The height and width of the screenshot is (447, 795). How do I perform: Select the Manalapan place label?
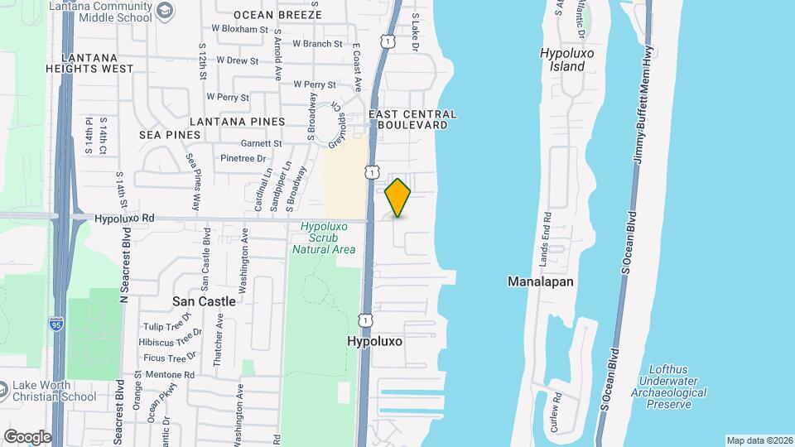pos(540,281)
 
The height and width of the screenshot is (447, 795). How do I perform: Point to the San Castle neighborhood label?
pos(204,301)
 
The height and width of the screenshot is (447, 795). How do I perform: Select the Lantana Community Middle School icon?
pos(165,10)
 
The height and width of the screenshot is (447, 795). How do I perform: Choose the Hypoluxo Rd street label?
pos(125,219)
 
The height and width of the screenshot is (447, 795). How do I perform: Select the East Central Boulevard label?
pos(412,119)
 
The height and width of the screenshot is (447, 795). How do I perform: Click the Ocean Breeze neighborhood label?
pos(277,15)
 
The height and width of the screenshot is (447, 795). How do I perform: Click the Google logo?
pos(26,436)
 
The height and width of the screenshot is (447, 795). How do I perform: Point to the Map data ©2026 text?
pos(759,440)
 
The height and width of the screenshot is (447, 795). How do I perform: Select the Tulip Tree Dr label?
pos(167,326)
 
